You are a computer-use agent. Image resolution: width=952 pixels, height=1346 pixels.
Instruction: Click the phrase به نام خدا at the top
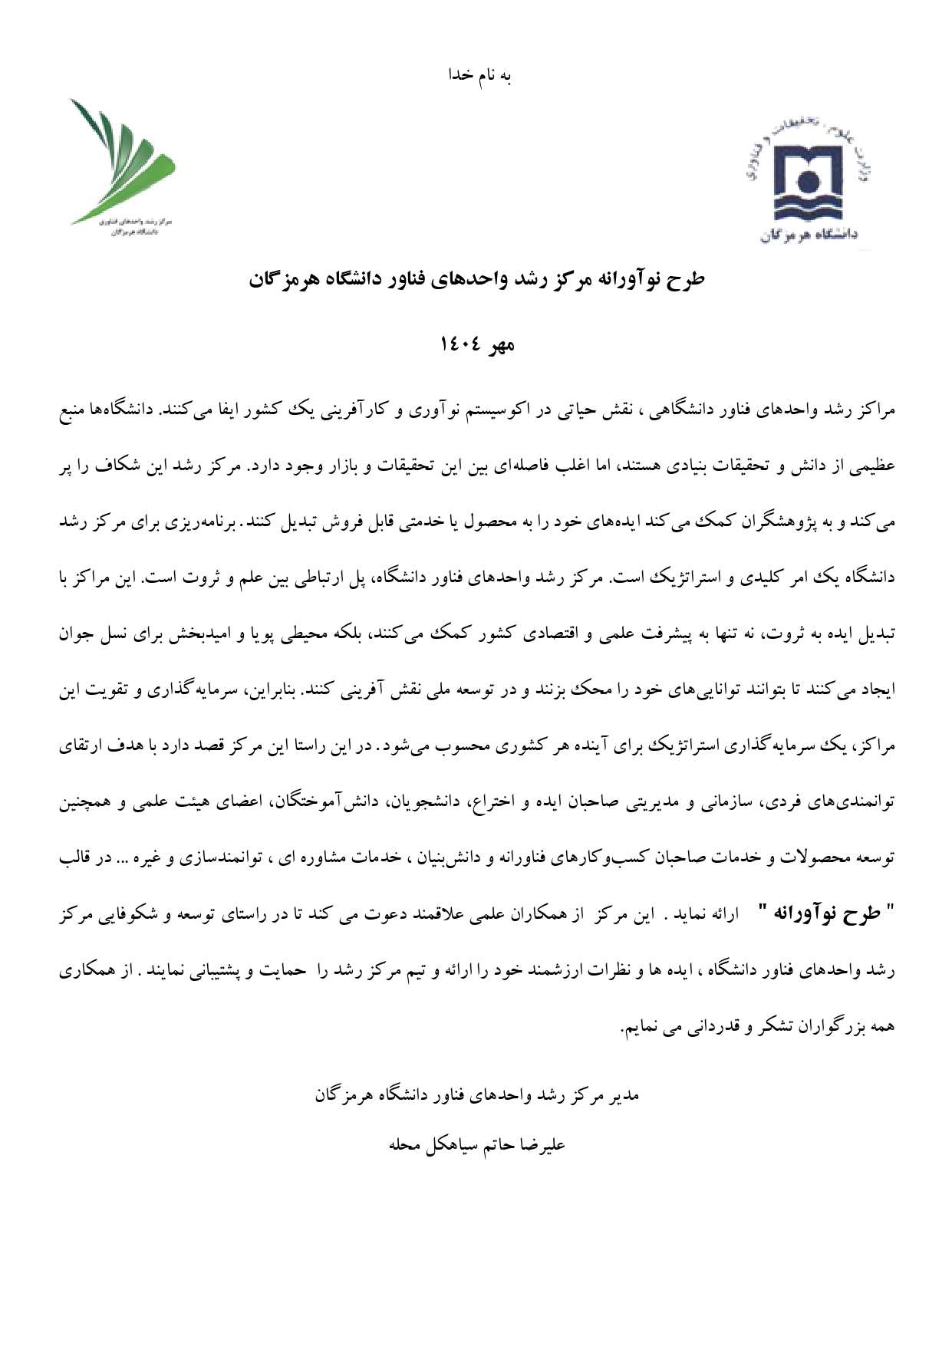(479, 75)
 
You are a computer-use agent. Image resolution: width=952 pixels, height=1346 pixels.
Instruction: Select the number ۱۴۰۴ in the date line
(460, 344)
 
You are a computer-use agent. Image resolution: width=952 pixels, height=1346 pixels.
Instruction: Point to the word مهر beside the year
(499, 344)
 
